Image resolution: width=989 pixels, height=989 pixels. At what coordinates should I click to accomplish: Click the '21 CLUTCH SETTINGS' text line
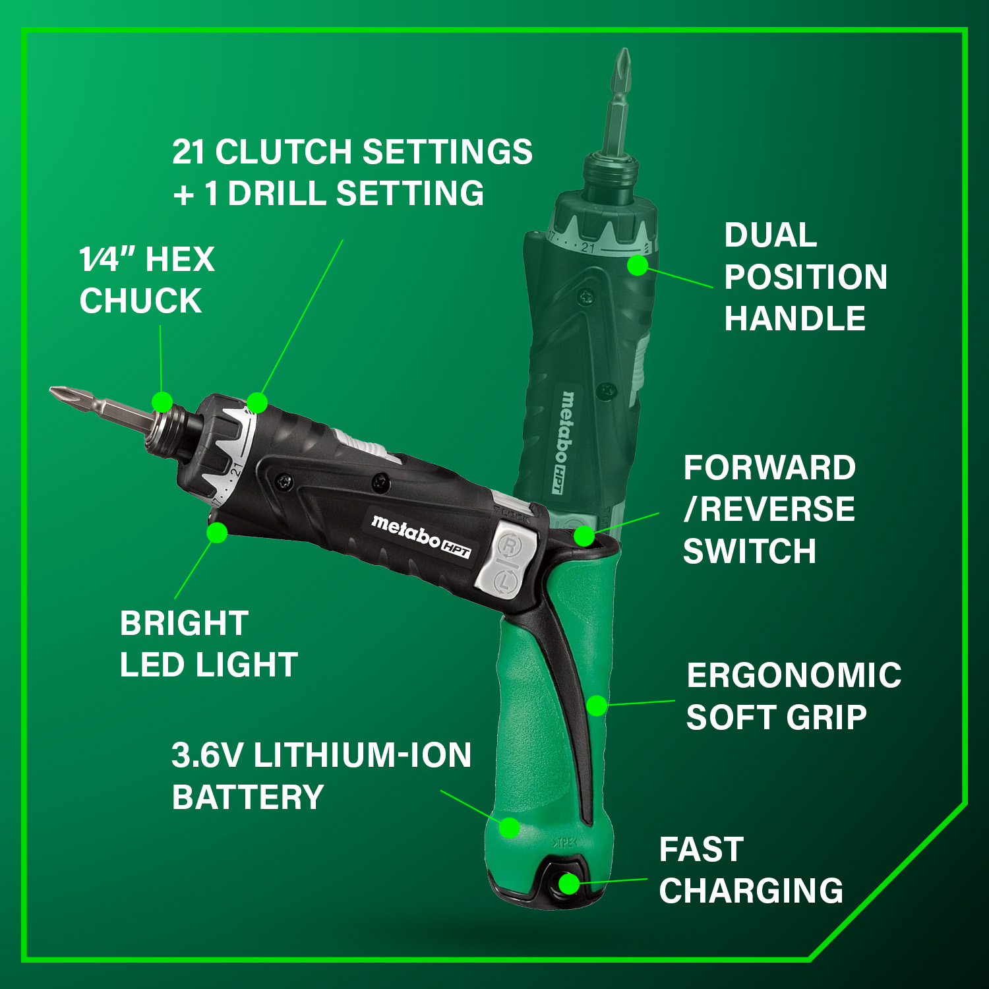(352, 152)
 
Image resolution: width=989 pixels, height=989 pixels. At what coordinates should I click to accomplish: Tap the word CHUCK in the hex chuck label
(140, 301)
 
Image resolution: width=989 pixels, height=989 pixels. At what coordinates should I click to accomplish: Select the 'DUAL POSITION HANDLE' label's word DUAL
(770, 235)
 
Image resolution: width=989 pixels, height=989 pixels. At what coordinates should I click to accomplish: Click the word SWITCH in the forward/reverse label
(750, 551)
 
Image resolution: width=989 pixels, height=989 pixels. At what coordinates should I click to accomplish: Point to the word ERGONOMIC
(794, 676)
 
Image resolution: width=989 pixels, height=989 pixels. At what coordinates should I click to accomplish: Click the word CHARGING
(751, 891)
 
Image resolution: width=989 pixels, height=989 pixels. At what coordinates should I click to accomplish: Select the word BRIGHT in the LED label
(184, 623)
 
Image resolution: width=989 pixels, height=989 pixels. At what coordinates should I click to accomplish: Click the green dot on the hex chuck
(162, 402)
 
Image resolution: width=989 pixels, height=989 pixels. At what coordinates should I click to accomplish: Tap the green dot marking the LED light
(217, 532)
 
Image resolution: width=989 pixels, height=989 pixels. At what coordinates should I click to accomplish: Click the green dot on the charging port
(568, 884)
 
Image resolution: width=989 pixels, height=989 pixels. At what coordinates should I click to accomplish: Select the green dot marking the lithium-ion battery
(509, 827)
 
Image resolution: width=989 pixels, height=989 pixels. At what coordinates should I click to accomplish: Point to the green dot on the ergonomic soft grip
(596, 705)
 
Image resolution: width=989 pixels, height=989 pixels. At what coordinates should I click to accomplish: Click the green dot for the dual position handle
(637, 265)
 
